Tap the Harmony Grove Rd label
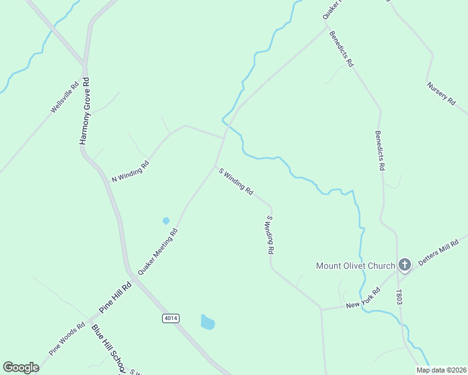85,111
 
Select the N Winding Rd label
130,171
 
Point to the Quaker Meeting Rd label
158,252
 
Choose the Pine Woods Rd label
68,338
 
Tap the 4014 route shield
171,318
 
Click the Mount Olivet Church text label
354,266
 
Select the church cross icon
404,265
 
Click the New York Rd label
364,299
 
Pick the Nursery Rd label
440,94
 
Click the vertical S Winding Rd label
270,234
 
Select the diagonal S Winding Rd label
235,181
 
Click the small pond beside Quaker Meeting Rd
166,220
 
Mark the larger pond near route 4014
207,322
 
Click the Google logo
21,367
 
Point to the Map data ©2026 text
442,370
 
